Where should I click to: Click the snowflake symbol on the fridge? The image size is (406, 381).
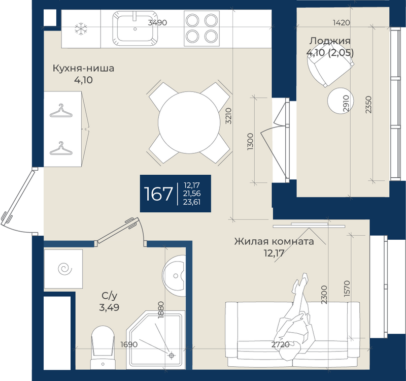tap(81, 29)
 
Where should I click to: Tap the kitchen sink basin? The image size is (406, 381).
tap(135, 28)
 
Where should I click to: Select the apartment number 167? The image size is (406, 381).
tap(158, 194)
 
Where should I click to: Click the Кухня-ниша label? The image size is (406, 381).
tap(83, 69)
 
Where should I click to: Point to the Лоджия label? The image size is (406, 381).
tap(330, 41)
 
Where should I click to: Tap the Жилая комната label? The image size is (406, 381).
tap(274, 241)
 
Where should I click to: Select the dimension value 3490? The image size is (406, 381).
tap(157, 22)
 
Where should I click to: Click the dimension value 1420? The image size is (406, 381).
tap(341, 22)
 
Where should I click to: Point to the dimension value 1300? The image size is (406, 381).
tap(250, 142)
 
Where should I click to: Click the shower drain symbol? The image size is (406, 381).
tap(171, 355)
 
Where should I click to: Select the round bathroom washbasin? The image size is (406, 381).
tap(174, 275)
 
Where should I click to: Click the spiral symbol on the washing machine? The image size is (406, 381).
tap(65, 269)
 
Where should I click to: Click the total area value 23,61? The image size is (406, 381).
tap(192, 202)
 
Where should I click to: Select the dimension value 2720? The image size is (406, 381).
tap(280, 345)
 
